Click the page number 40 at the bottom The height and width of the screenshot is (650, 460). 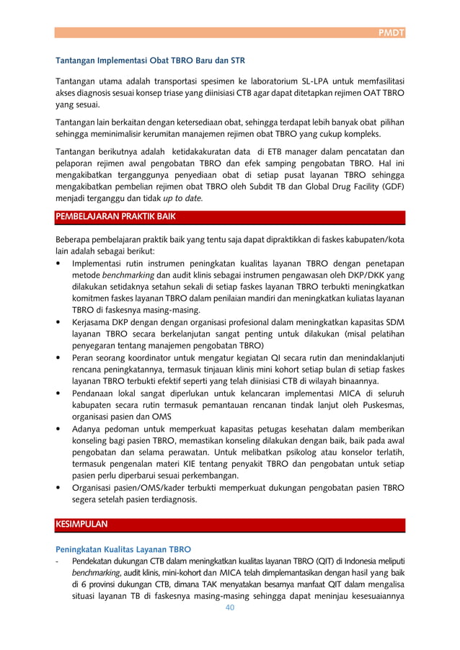(230, 607)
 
